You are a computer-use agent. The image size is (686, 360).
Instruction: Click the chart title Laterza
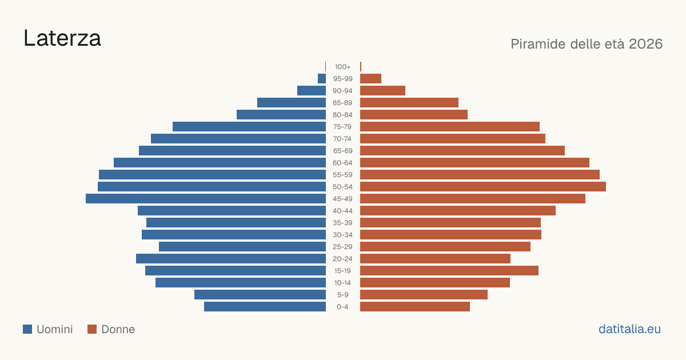62,38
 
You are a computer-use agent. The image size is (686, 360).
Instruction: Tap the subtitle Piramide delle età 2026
587,44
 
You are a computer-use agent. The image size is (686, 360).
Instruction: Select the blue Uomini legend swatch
27,329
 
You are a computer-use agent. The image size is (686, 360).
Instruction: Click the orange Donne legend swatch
92,329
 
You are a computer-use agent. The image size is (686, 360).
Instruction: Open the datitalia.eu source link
629,329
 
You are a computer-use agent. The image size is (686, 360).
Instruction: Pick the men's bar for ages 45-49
206,199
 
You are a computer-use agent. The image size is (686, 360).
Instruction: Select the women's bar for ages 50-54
483,187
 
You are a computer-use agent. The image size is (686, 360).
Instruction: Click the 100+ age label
342,67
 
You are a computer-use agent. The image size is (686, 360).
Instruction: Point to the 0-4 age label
342,307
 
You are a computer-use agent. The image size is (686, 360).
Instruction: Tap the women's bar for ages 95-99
370,79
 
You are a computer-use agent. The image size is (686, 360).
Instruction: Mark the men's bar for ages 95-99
322,79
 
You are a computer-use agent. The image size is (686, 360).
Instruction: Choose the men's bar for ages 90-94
312,91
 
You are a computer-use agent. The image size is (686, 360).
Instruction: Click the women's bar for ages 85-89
409,102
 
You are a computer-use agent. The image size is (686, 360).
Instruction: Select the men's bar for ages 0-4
265,307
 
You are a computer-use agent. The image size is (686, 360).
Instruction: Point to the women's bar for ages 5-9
424,295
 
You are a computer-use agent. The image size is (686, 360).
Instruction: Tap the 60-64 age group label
342,163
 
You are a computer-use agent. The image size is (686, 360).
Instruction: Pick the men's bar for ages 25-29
242,247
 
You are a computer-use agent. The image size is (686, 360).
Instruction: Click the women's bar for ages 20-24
435,259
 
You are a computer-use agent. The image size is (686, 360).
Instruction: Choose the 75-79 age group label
342,127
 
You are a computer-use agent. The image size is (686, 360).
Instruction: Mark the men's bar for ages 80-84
281,115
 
